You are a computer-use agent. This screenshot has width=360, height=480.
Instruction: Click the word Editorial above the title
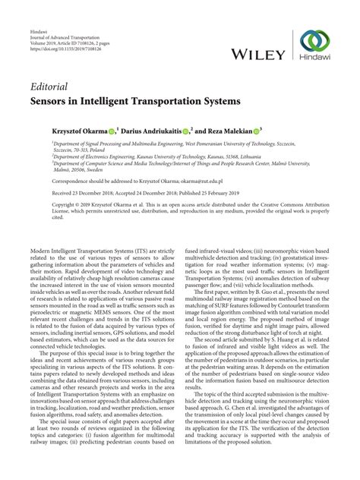(51, 85)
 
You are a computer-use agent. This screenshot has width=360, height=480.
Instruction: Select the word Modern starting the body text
(40, 250)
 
